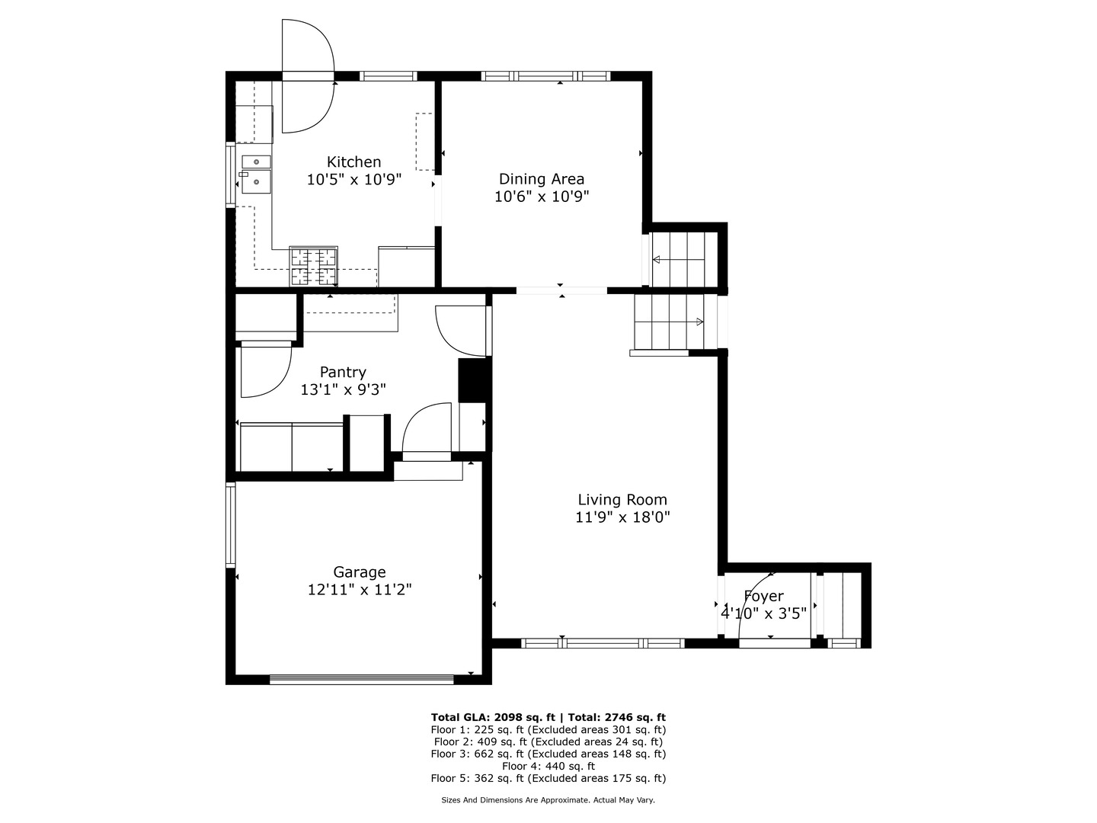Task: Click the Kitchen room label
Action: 353,162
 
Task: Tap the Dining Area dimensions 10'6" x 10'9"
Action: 542,197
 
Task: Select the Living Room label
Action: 622,500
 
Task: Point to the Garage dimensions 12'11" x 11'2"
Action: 360,590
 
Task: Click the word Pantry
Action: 343,373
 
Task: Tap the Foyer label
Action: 763,596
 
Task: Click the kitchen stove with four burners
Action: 313,267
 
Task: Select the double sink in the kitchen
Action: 257,175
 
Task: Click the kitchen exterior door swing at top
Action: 308,76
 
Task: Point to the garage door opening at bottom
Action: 361,680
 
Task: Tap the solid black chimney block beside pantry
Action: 472,379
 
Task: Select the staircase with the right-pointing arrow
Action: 669,322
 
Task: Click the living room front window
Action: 603,643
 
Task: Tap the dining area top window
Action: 545,76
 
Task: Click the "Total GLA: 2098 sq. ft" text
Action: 492,717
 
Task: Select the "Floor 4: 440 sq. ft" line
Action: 548,766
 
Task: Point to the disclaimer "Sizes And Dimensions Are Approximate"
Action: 515,800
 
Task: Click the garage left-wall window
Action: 230,525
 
